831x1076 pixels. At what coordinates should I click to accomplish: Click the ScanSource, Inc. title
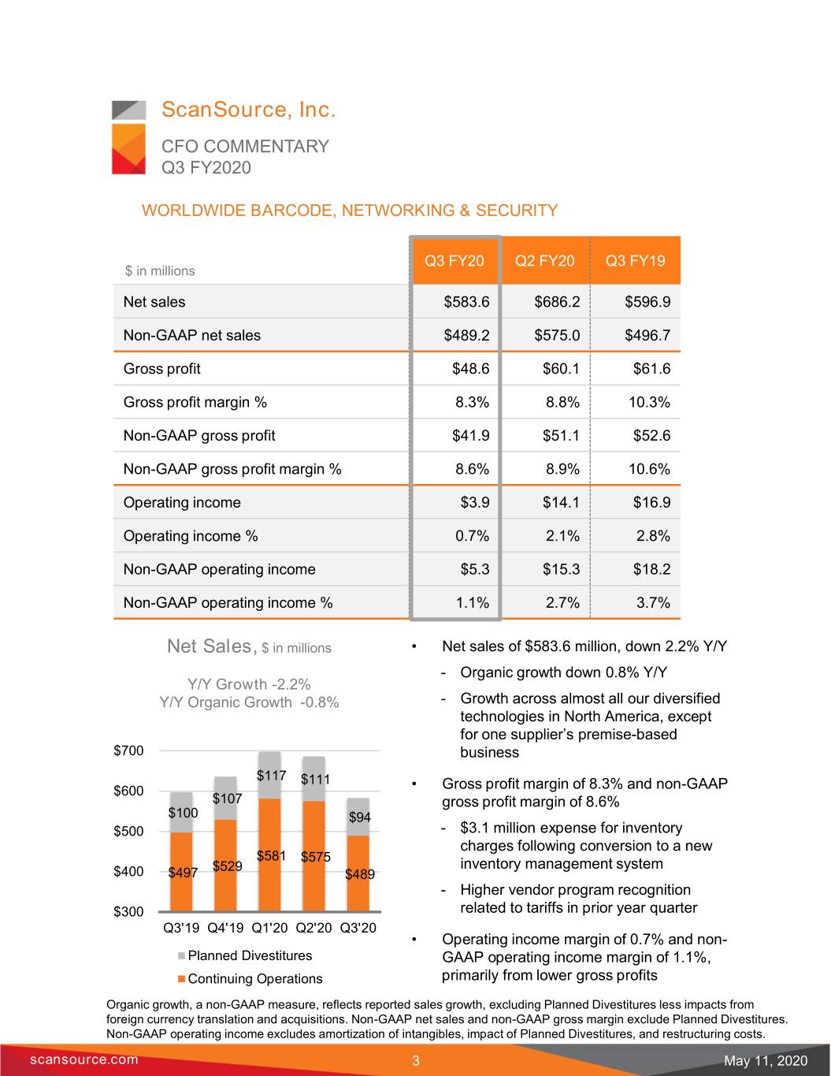[x=248, y=110]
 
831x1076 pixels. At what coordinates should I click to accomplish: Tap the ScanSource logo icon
[x=128, y=137]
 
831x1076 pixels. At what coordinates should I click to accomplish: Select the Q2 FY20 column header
[x=544, y=260]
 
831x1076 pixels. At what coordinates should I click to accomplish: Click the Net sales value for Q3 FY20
[x=466, y=302]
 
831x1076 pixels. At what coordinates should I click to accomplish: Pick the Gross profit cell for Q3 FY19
[x=652, y=368]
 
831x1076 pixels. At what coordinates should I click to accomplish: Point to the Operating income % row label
[x=191, y=536]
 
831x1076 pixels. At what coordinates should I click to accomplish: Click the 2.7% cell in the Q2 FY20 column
[x=562, y=602]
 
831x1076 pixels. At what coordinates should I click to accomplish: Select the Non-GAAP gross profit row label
[x=198, y=435]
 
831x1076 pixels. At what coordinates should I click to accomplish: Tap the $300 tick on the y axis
[x=128, y=911]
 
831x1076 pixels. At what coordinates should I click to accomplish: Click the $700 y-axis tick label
[x=128, y=750]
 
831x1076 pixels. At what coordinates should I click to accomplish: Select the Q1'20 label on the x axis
[x=269, y=928]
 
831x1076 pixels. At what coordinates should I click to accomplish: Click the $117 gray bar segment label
[x=271, y=776]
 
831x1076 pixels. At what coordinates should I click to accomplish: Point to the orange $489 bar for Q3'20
[x=358, y=873]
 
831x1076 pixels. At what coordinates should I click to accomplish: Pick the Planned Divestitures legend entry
[x=245, y=955]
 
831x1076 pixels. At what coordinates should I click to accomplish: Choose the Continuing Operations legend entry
[x=250, y=979]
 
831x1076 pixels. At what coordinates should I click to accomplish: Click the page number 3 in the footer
[x=416, y=1060]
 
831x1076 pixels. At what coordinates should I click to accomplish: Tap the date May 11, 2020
[x=766, y=1060]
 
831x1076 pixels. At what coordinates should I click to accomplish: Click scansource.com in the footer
[x=83, y=1059]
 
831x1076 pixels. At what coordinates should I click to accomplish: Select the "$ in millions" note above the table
[x=160, y=271]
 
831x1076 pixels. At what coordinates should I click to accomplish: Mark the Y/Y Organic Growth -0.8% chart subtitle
[x=249, y=702]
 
